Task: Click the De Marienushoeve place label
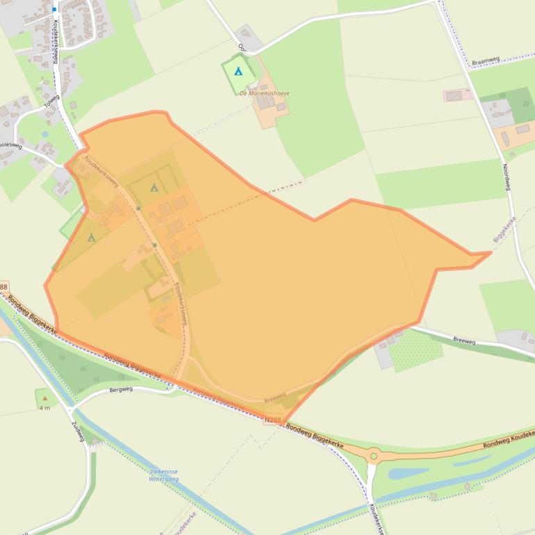(x=264, y=93)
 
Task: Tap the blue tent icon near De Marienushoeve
(x=238, y=71)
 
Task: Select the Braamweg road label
(x=485, y=62)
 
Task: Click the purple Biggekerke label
(x=504, y=230)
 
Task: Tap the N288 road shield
(x=272, y=420)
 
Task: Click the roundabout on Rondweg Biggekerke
(x=374, y=456)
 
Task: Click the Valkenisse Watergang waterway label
(x=164, y=475)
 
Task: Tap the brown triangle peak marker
(x=45, y=399)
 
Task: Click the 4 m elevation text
(x=45, y=408)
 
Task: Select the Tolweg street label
(x=50, y=104)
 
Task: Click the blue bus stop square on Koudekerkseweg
(x=53, y=10)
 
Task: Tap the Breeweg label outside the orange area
(x=463, y=340)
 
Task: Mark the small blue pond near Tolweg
(x=45, y=134)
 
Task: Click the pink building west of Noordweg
(x=455, y=95)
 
